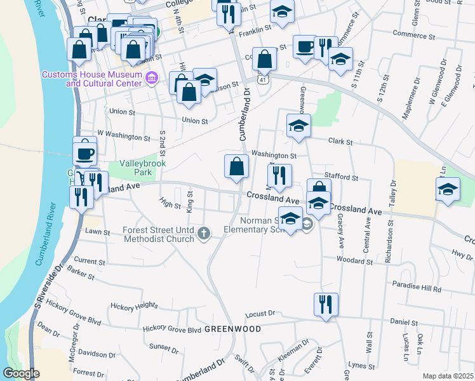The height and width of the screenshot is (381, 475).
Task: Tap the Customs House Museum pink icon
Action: [x=151, y=79]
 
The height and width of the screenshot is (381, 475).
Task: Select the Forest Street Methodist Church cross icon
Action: [x=203, y=233]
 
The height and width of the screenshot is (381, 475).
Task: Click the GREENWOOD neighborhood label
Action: [x=232, y=329]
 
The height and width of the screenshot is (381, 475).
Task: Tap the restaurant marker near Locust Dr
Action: [x=326, y=304]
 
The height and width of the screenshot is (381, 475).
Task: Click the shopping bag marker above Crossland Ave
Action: [x=236, y=166]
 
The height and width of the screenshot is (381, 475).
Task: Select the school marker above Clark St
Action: [x=298, y=125]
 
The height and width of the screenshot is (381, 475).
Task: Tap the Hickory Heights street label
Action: [x=133, y=306]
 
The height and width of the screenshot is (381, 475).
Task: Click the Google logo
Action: [x=21, y=374]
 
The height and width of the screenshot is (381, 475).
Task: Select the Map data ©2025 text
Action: [x=448, y=376]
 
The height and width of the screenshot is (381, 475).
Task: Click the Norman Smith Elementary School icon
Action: [x=307, y=224]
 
